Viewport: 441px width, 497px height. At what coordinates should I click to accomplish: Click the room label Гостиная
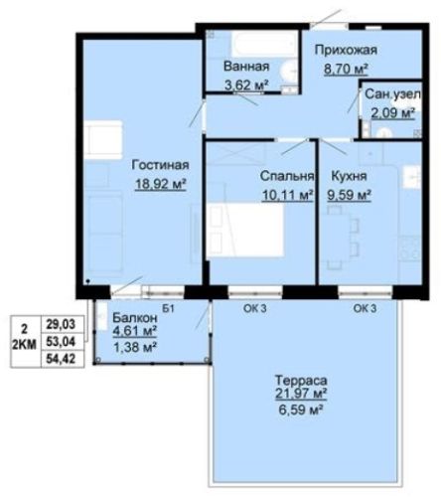click(x=160, y=165)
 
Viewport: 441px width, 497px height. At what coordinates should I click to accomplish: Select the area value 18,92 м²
click(x=160, y=184)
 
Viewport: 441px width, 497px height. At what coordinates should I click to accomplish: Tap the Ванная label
click(x=246, y=67)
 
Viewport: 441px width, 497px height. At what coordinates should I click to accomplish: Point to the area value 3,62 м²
click(x=246, y=85)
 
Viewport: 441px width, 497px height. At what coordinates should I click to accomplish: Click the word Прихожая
click(x=346, y=51)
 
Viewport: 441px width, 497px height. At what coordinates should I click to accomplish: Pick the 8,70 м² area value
click(x=346, y=70)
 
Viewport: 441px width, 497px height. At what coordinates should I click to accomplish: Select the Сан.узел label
click(x=392, y=94)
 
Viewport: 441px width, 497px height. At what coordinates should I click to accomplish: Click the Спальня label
click(x=287, y=176)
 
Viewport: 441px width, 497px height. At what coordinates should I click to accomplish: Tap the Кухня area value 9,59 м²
click(x=349, y=195)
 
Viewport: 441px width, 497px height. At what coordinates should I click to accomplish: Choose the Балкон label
click(x=135, y=318)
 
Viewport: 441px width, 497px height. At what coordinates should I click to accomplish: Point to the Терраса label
click(x=301, y=380)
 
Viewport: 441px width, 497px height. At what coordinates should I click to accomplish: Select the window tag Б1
click(x=168, y=309)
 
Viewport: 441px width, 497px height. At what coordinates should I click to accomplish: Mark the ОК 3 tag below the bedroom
click(x=255, y=308)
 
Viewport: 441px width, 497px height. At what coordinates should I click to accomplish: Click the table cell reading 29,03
click(x=61, y=324)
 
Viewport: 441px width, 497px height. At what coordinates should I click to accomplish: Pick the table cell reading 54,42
click(x=61, y=359)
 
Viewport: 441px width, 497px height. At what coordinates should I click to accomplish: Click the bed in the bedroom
click(x=245, y=230)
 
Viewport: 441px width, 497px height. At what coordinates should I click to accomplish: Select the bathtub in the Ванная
click(x=264, y=44)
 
